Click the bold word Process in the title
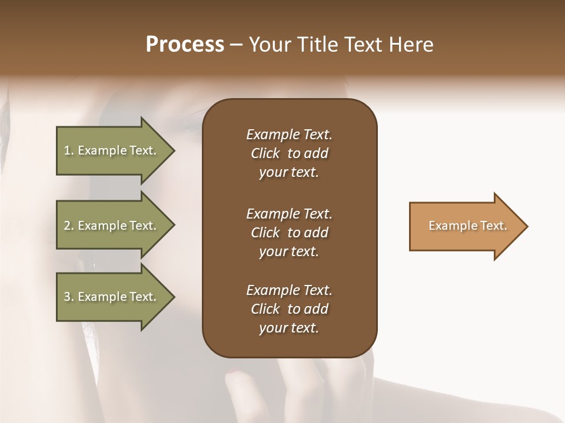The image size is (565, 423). coord(185,45)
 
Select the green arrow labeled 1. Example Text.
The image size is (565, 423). coord(112,150)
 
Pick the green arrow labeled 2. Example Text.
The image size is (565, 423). coord(112,226)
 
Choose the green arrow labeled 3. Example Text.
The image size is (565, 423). coord(112,297)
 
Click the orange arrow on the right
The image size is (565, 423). coord(465,226)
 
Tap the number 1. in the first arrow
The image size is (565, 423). coord(69,150)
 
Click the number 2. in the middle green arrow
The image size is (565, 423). coord(69,226)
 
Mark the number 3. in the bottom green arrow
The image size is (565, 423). coord(69,297)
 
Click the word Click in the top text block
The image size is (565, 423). coord(265,153)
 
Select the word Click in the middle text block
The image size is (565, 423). coord(265,233)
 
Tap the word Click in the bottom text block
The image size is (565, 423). coord(265,309)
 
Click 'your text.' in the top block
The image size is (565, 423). coord(289,173)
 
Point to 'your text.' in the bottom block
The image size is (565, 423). coord(289,328)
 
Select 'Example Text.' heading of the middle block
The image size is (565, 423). coord(289,213)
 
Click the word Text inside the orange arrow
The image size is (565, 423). coord(494,226)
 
